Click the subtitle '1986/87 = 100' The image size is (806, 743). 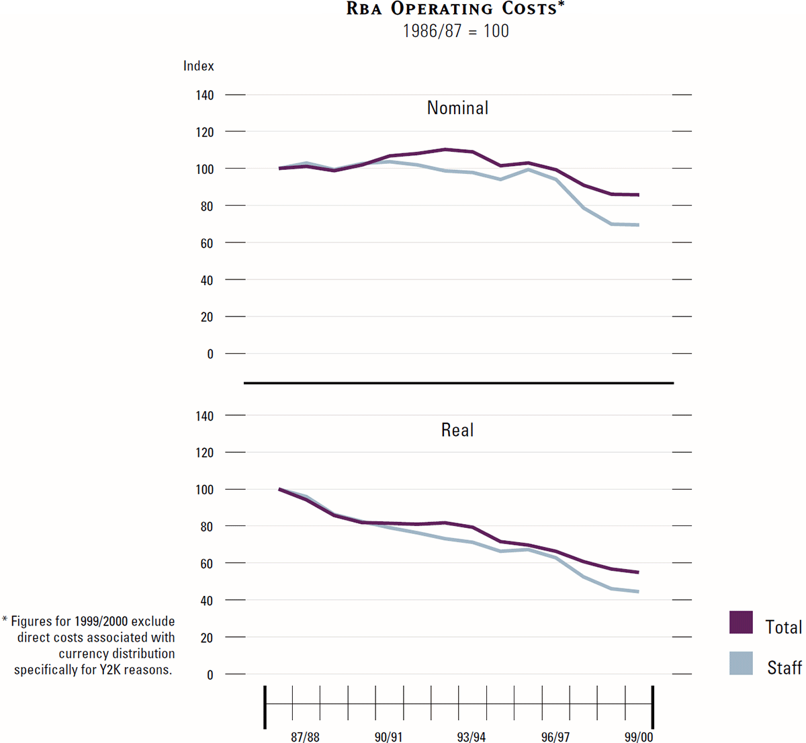[455, 31]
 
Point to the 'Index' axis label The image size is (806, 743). [199, 66]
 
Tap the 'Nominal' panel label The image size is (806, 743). [457, 108]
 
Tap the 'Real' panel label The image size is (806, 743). [457, 430]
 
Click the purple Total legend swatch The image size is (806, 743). [741, 623]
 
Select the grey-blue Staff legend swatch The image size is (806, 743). [741, 663]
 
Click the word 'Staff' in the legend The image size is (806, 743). [785, 667]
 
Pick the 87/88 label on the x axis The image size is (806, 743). [305, 737]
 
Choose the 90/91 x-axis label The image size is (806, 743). [389, 737]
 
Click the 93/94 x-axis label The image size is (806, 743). [472, 737]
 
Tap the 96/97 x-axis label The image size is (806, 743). [555, 737]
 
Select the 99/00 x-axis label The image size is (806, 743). [638, 737]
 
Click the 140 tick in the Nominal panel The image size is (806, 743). [205, 95]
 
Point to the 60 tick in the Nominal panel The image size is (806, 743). [207, 243]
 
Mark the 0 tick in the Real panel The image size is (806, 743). [210, 674]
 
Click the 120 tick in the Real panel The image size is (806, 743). [205, 453]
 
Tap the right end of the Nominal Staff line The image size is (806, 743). [638, 225]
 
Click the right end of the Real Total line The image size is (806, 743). [638, 572]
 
